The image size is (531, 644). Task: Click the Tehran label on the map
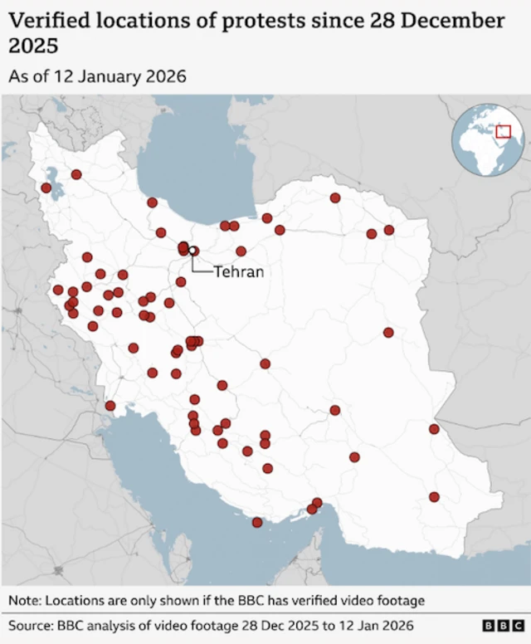[x=239, y=271]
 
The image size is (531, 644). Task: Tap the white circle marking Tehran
[x=192, y=250]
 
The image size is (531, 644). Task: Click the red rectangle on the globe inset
[x=503, y=131]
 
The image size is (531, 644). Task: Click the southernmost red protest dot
[x=257, y=523]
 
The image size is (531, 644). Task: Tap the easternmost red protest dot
[x=434, y=429]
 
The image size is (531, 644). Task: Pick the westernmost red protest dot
[x=46, y=188]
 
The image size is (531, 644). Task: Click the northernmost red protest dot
[x=76, y=174]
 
